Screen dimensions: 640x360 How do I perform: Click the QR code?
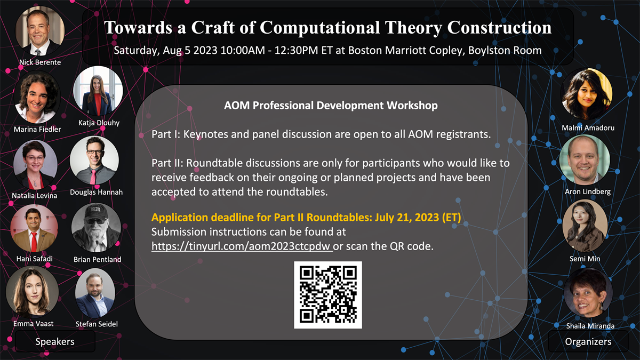click(328, 295)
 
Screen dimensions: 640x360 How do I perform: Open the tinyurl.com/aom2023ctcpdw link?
click(242, 246)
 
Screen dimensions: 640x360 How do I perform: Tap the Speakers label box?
click(55, 341)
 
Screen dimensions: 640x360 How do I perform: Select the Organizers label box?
click(588, 341)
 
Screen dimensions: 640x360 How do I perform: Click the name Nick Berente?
click(40, 62)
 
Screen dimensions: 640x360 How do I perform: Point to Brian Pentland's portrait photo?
click(96, 228)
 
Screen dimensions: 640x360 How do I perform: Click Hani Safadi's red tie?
click(34, 242)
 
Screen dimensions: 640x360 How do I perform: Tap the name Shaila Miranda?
click(590, 326)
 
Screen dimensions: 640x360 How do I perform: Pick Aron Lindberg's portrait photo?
click(585, 159)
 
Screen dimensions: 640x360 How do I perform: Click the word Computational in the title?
click(320, 28)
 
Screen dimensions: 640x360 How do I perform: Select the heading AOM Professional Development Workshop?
click(331, 106)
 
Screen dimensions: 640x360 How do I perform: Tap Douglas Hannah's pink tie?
click(93, 177)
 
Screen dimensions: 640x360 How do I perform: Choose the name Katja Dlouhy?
click(99, 123)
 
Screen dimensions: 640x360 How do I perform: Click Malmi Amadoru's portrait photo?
click(587, 94)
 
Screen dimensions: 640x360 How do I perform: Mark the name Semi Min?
click(585, 259)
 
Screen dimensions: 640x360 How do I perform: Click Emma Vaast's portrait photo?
click(33, 292)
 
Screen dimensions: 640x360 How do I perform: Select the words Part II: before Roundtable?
click(167, 163)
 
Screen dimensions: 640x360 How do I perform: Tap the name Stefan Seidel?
click(97, 324)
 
